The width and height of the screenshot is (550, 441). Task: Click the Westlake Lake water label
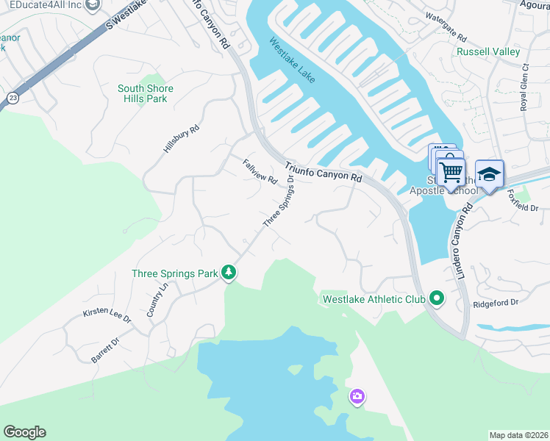pos(292,60)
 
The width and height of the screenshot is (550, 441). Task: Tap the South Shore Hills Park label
pos(146,93)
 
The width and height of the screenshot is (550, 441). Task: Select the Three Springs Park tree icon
pos(229,273)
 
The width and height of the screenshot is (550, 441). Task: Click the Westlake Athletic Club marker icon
pos(437,298)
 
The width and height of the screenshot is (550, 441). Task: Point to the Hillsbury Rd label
pos(181,139)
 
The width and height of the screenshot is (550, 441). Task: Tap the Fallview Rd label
pos(260,171)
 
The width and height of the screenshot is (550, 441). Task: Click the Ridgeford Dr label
pos(496,302)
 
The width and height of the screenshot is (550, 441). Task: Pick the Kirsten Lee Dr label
pos(107,315)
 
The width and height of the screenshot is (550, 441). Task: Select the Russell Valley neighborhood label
pos(488,52)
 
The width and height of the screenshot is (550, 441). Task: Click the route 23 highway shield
pos(12,98)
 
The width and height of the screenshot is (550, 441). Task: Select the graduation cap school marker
pos(489,174)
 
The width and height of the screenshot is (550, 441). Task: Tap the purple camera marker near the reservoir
pos(357,397)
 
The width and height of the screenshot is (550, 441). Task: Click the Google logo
pos(24,432)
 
